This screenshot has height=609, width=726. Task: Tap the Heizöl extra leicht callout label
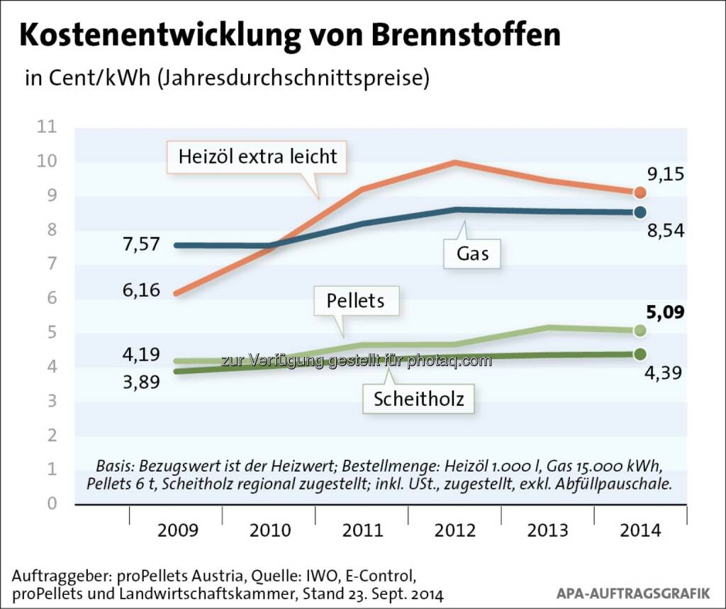pyautogui.click(x=257, y=156)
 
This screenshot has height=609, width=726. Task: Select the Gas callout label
pyautogui.click(x=472, y=253)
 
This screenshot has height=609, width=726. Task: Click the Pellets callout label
pyautogui.click(x=355, y=300)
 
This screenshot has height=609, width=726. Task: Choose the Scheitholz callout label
pyautogui.click(x=419, y=399)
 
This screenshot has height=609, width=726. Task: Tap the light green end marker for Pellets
pyautogui.click(x=640, y=330)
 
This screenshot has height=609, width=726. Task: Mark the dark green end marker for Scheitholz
pyautogui.click(x=640, y=353)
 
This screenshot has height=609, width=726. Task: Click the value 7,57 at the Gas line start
pyautogui.click(x=140, y=244)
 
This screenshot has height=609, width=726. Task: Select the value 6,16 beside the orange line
pyautogui.click(x=140, y=290)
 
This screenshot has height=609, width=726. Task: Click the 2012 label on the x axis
pyautogui.click(x=454, y=530)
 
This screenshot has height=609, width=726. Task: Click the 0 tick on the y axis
pyautogui.click(x=51, y=503)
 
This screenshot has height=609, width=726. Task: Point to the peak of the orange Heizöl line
pyautogui.click(x=454, y=163)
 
